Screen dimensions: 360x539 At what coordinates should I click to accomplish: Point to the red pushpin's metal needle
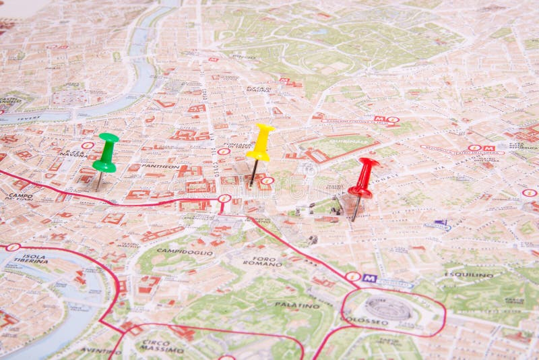point(356,209)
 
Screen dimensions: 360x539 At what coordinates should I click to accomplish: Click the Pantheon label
point(160,166)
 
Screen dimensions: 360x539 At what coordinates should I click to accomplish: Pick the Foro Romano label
point(263,261)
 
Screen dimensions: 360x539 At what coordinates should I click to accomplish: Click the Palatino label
point(297,305)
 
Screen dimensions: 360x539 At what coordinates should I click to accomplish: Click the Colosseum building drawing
point(388,309)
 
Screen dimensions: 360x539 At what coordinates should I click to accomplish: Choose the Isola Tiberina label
point(31,258)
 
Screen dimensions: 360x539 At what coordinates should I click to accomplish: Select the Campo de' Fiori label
point(20,197)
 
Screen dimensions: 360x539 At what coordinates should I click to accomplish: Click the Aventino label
point(101,351)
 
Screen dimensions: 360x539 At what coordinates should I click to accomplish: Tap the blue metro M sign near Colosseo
point(369,278)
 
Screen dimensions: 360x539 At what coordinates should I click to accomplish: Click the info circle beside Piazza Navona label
point(88,145)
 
